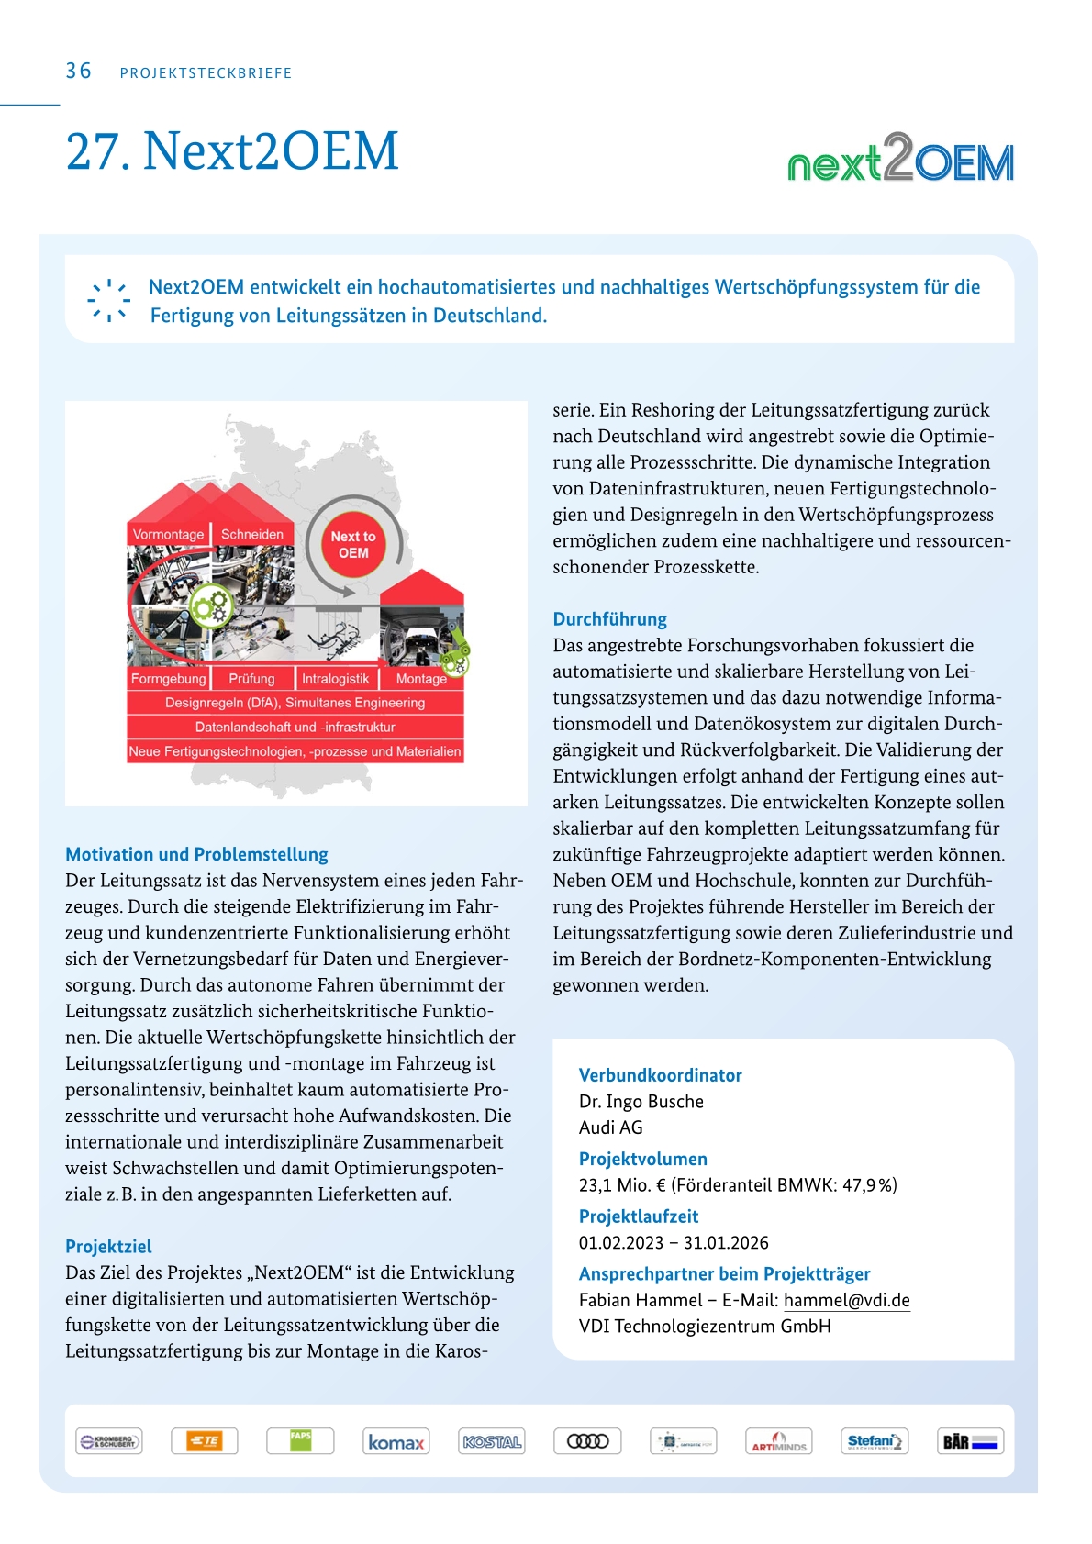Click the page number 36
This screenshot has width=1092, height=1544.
pos(78,71)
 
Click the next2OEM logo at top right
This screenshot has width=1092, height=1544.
pos(900,159)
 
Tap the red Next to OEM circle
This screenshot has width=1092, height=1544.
pos(353,545)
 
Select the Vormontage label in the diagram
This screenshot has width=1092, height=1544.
pos(168,534)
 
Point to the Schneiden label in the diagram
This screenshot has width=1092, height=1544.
pos(252,534)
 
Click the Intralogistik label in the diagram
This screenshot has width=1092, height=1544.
pos(335,679)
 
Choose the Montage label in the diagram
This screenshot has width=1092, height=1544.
pos(421,679)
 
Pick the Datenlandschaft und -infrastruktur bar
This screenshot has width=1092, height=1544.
pos(295,727)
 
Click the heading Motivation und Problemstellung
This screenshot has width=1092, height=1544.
pos(196,854)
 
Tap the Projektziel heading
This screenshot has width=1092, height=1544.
pos(108,1246)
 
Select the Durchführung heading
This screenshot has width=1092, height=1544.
pos(609,618)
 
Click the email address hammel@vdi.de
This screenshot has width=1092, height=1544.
pos(846,1300)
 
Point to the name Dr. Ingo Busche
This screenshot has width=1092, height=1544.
pos(641,1101)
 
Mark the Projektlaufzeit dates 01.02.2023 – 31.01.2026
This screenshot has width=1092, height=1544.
pos(674,1242)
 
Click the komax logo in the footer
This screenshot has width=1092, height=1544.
pos(396,1441)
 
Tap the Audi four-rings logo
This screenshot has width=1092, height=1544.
pos(587,1441)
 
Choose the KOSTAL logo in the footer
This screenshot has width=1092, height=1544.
pos(492,1441)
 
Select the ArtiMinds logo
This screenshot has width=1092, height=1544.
pos(778,1441)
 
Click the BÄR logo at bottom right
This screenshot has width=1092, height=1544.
pos(970,1441)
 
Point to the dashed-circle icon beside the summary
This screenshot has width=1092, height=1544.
pos(108,300)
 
